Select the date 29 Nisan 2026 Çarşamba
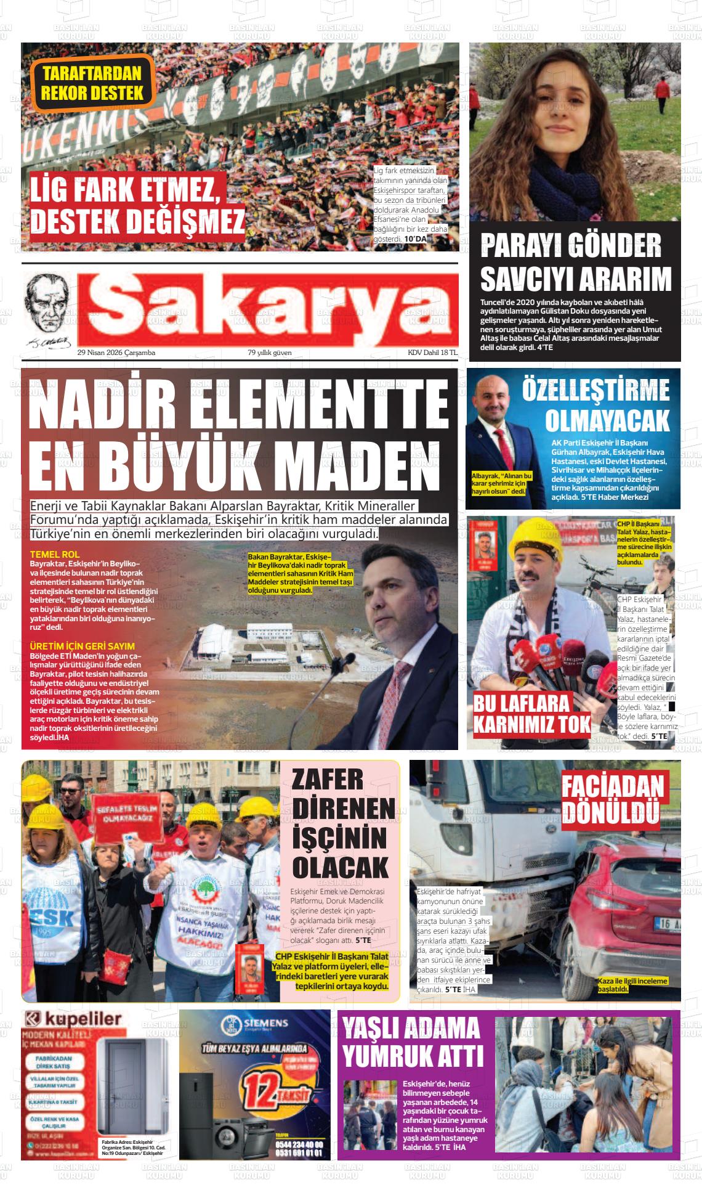click(116, 353)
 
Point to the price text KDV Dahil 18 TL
click(432, 353)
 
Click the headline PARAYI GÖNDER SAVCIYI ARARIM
click(575, 263)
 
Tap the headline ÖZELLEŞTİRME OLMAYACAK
click(595, 406)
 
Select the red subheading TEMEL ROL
click(55, 555)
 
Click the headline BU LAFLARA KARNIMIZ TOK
click(531, 714)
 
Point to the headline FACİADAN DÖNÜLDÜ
click(612, 800)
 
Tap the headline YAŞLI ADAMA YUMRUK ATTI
click(412, 1042)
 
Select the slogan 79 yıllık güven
click(270, 353)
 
